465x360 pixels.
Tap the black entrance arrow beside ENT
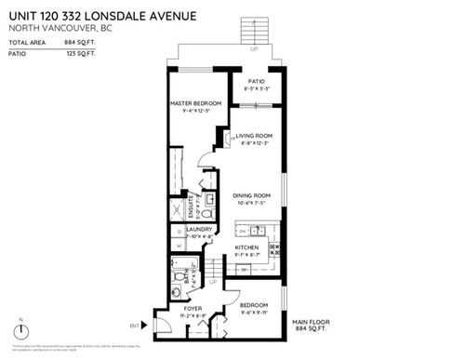pos(146,325)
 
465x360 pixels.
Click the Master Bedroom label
pos(194,102)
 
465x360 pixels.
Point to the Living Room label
pos(253,136)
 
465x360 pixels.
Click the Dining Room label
pos(251,195)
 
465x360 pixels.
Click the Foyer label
pos(193,308)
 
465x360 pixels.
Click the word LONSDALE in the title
pos(109,13)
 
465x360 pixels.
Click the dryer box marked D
pos(178,231)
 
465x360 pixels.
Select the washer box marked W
pos(178,247)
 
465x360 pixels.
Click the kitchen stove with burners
pos(273,247)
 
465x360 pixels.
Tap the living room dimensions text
pos(253,143)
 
